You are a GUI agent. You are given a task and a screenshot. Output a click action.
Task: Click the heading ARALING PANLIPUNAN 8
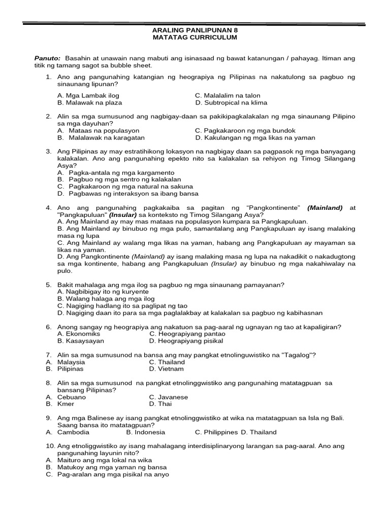(194, 30)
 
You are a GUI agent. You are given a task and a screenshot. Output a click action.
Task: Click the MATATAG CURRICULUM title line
(194, 38)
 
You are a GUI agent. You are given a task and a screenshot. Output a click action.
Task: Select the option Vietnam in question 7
(162, 369)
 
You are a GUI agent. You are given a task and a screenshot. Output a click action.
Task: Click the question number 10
(50, 446)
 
